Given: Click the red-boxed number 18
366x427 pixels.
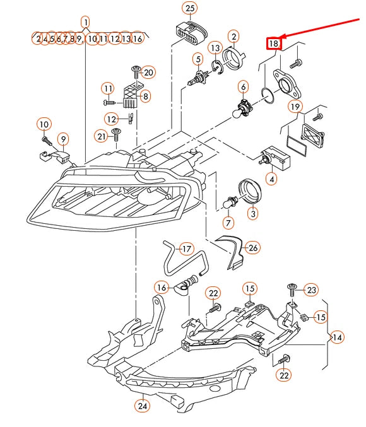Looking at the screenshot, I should pyautogui.click(x=273, y=44).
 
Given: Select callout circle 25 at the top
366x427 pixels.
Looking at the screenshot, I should pyautogui.click(x=189, y=8).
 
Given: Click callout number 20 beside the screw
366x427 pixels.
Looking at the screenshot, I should pyautogui.click(x=148, y=72).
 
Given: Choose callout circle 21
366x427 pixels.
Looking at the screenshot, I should pyautogui.click(x=102, y=136).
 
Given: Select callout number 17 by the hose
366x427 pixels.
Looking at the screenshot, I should pyautogui.click(x=186, y=249).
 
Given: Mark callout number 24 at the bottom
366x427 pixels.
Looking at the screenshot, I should pyautogui.click(x=143, y=406).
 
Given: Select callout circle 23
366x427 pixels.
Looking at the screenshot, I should pyautogui.click(x=312, y=290).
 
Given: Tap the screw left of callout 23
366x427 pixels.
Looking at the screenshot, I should pyautogui.click(x=291, y=290).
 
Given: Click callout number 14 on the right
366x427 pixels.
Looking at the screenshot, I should pyautogui.click(x=337, y=337).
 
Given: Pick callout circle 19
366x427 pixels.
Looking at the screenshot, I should pyautogui.click(x=295, y=107).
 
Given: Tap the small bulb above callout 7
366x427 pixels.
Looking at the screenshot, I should pyautogui.click(x=228, y=203).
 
